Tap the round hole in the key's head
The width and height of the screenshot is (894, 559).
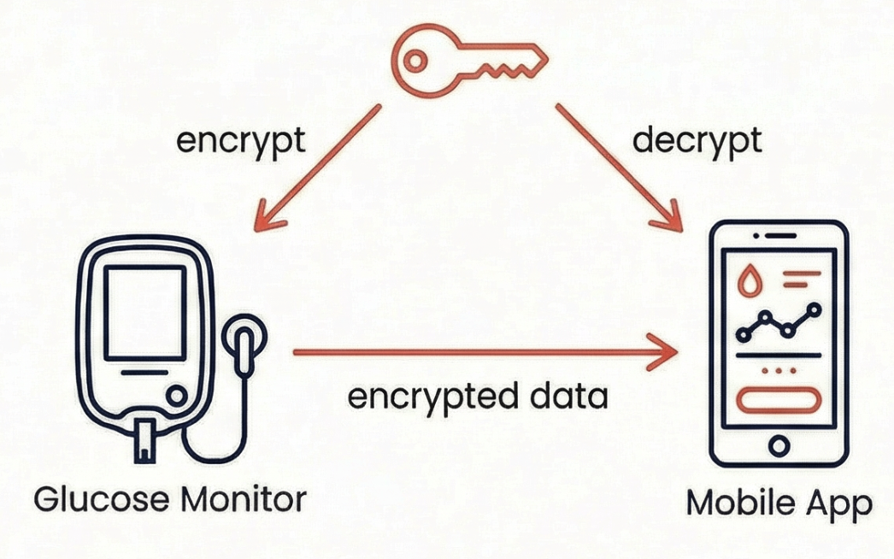[416, 61]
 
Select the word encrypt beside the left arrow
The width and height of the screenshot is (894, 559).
[240, 141]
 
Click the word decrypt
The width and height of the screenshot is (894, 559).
[697, 141]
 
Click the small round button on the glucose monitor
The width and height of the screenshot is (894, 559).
[177, 396]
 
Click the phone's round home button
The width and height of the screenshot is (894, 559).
[779, 445]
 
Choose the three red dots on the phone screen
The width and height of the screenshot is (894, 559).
[778, 372]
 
